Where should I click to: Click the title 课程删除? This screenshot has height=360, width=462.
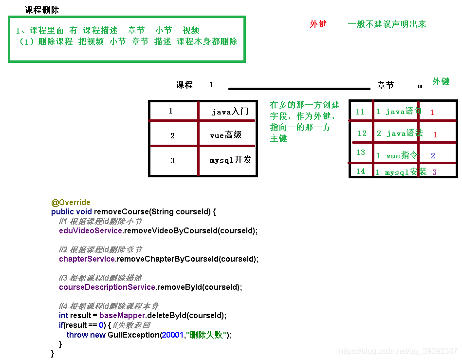(x=42, y=10)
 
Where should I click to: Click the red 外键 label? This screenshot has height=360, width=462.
(x=318, y=24)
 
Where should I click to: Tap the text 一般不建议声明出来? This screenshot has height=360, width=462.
(x=387, y=24)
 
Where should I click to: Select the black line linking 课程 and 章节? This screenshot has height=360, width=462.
(x=299, y=89)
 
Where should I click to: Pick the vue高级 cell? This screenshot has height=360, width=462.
(x=226, y=135)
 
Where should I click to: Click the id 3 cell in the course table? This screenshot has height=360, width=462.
(x=172, y=160)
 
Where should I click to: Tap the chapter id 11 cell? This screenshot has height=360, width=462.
(x=360, y=112)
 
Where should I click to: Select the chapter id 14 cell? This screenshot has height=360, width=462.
(x=360, y=171)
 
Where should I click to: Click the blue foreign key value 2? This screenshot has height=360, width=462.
(x=433, y=156)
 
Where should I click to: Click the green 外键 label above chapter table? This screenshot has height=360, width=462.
(x=441, y=81)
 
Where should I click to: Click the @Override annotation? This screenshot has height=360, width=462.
(x=71, y=202)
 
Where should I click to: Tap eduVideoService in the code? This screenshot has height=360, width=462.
(x=90, y=230)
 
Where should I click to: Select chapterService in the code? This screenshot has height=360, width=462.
(x=87, y=259)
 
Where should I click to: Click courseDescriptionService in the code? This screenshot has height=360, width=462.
(x=107, y=287)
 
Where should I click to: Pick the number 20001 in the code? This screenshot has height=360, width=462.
(x=172, y=335)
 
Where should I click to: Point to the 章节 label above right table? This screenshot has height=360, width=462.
(x=386, y=85)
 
